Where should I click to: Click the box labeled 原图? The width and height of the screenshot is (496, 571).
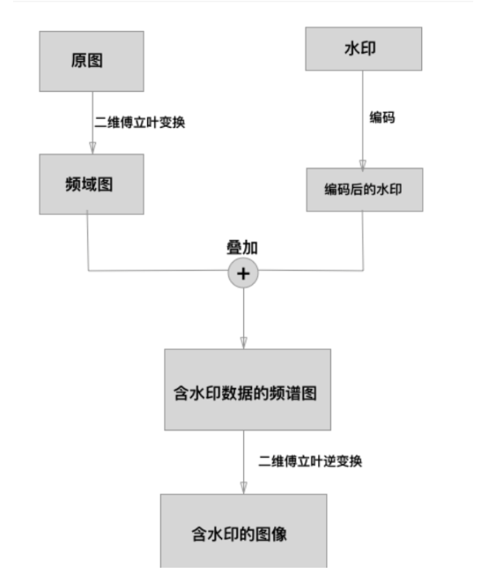(x=91, y=61)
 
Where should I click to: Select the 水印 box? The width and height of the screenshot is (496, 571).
(x=363, y=48)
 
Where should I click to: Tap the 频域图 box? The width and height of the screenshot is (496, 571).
(x=91, y=185)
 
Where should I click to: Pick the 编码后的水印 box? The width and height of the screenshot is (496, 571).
(x=363, y=190)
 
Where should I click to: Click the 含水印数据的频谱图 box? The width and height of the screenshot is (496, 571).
(x=247, y=390)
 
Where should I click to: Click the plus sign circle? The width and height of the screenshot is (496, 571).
(x=242, y=274)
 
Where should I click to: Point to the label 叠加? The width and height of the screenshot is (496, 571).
(x=241, y=247)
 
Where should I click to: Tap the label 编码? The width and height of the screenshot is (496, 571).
(x=382, y=117)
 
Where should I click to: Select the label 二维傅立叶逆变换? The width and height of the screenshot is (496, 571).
(x=310, y=461)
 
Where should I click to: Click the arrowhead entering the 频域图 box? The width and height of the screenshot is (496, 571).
(x=91, y=148)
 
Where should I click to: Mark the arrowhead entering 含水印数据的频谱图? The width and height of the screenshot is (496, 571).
(x=243, y=343)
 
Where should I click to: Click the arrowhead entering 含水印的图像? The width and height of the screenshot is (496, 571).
(x=243, y=488)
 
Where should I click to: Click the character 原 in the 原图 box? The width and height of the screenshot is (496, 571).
(x=79, y=62)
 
